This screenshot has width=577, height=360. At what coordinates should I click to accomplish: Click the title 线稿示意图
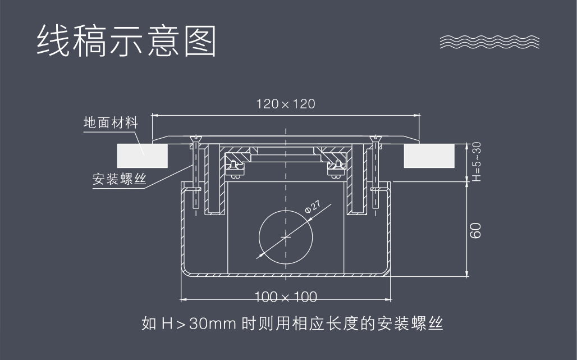click(x=126, y=40)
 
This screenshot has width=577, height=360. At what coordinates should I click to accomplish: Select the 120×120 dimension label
click(x=286, y=104)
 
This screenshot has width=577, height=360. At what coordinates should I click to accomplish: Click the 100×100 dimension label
click(x=286, y=297)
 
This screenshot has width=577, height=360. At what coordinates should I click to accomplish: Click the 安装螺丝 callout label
click(x=119, y=180)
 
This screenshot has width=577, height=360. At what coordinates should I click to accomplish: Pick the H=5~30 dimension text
click(x=477, y=162)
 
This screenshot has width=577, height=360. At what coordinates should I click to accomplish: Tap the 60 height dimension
click(x=476, y=230)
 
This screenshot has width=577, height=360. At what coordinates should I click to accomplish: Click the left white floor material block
click(x=143, y=156)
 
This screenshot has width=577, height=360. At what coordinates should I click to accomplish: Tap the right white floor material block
click(x=429, y=156)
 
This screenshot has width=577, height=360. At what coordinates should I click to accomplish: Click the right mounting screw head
click(x=375, y=139)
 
